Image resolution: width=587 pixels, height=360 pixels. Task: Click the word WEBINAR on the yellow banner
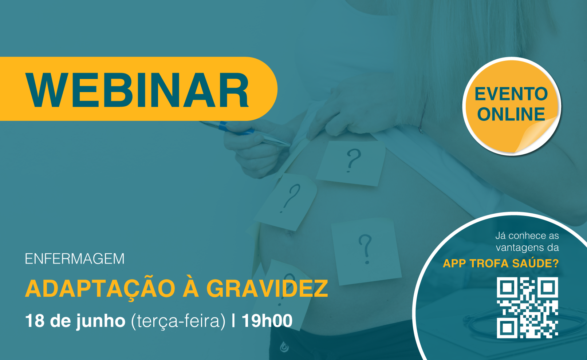pyautogui.click(x=137, y=90)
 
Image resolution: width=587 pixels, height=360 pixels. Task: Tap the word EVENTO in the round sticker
pyautogui.click(x=511, y=94)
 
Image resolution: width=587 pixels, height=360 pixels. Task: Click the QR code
pyautogui.click(x=527, y=308)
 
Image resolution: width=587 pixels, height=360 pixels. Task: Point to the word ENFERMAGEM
pyautogui.click(x=75, y=259)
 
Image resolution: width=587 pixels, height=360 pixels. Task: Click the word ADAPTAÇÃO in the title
pyautogui.click(x=100, y=289)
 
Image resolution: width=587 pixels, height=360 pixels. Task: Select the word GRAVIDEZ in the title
pyautogui.click(x=267, y=288)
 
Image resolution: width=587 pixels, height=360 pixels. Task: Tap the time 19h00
pyautogui.click(x=267, y=320)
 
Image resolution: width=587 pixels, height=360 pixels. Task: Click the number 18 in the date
pyautogui.click(x=35, y=320)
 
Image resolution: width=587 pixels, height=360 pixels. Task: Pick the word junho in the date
pyautogui.click(x=101, y=321)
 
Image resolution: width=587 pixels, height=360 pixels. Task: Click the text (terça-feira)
pyautogui.click(x=178, y=321)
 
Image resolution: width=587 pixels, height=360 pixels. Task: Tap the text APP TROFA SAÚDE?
pyautogui.click(x=501, y=263)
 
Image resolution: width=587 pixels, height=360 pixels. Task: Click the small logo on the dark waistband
pyautogui.click(x=284, y=347)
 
